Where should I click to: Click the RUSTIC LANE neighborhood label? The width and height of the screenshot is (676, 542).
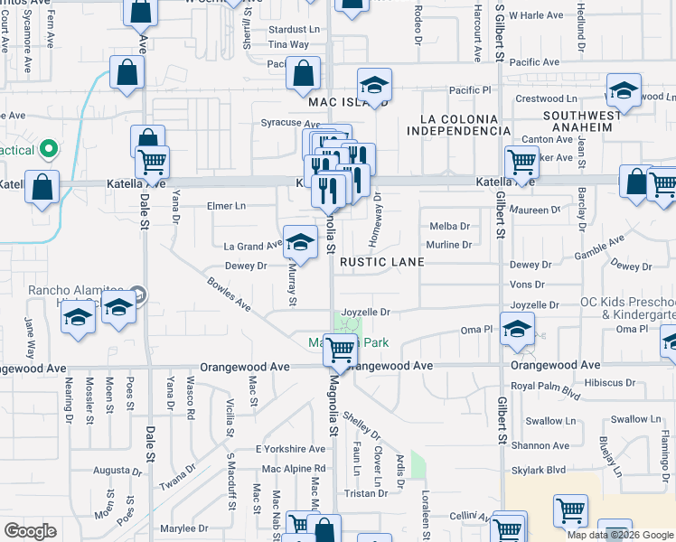(381, 262)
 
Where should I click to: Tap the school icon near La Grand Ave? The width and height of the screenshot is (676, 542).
(300, 241)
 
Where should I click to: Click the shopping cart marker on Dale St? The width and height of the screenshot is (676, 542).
(152, 162)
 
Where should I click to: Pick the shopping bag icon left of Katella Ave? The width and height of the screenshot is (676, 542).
(42, 188)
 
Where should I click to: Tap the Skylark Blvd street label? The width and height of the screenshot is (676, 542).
(539, 470)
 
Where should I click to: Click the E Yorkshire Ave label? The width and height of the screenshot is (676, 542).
(290, 449)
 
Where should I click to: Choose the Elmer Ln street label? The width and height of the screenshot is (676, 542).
(227, 206)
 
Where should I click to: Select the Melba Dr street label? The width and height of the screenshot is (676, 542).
(450, 227)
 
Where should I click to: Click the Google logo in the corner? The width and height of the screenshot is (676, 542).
(31, 531)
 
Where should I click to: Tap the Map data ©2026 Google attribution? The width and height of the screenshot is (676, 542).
(620, 535)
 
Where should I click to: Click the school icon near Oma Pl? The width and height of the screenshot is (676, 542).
(517, 328)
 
